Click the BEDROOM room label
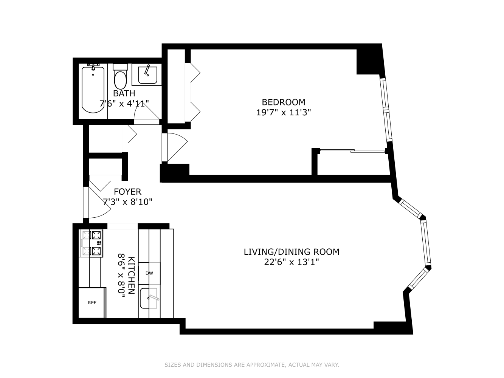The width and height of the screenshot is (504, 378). tap(283, 102)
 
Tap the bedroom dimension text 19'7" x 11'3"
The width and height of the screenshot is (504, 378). tap(283, 112)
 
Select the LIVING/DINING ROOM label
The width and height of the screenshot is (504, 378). tap(291, 252)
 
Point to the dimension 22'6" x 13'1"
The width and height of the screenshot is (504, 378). tap(291, 262)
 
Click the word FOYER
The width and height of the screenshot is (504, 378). tap(127, 192)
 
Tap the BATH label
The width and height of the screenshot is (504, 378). tap(124, 93)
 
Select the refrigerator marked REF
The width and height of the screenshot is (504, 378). tap(92, 303)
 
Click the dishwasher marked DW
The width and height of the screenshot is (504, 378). tap(149, 273)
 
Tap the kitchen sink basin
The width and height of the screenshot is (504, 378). tap(149, 299)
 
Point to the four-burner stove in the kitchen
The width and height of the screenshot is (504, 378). tap(92, 244)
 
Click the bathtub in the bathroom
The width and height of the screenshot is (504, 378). tap(93, 90)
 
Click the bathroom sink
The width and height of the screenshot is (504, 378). tap(147, 75)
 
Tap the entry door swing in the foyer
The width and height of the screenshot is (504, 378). tap(95, 206)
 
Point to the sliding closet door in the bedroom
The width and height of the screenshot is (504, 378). tap(352, 152)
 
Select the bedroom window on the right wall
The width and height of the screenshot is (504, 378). tap(386, 110)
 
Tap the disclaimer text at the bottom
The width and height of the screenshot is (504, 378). tap(252, 365)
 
